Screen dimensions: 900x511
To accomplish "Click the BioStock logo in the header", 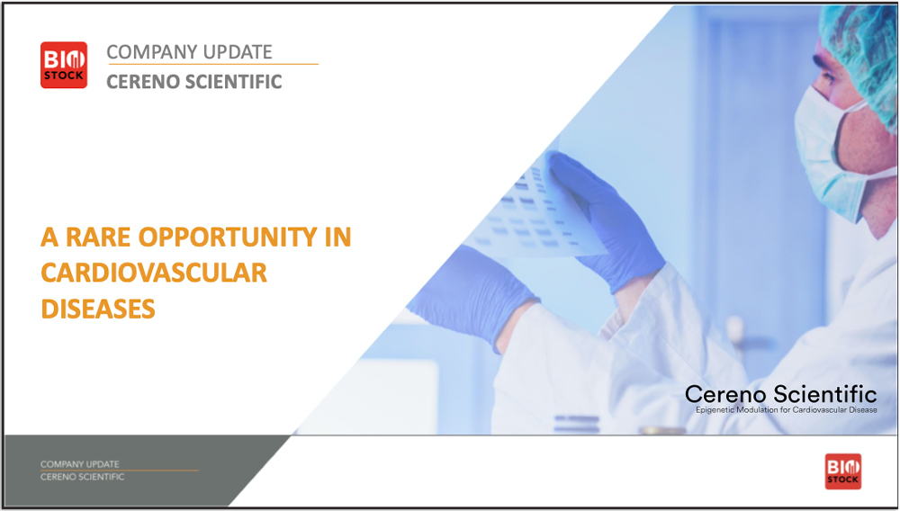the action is click(64, 65).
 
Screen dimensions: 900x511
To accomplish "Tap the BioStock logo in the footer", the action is click(842, 471).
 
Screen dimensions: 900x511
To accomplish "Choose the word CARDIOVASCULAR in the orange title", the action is click(154, 273).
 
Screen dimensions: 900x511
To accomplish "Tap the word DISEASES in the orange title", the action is click(98, 309).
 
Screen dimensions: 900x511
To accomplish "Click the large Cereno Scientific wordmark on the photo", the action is click(780, 394).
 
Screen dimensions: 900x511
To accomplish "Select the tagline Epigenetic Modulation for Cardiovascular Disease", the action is click(787, 410).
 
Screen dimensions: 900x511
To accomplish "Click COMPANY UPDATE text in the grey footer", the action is click(80, 464).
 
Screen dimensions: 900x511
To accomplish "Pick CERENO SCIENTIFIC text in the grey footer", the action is click(82, 477).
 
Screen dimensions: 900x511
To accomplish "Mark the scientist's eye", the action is click(827, 76).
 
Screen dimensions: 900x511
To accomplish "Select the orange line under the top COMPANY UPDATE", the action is click(213, 64).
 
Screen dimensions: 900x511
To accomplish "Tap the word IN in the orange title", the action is click(338, 237).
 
